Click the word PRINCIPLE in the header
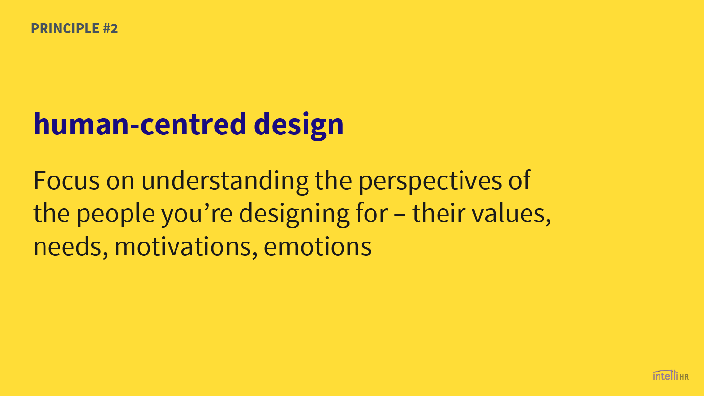[x=65, y=28]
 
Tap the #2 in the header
[x=110, y=28]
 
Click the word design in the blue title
[x=299, y=126]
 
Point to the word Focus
[x=66, y=180]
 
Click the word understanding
[x=225, y=182]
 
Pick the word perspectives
[x=430, y=182]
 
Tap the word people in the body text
[x=116, y=215]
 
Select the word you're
[x=197, y=215]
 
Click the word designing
[x=294, y=215]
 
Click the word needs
[x=71, y=247]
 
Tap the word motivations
[x=186, y=247]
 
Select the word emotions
[x=317, y=247]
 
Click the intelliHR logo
[x=671, y=375]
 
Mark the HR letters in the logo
[x=684, y=377]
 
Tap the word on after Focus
[x=120, y=183]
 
